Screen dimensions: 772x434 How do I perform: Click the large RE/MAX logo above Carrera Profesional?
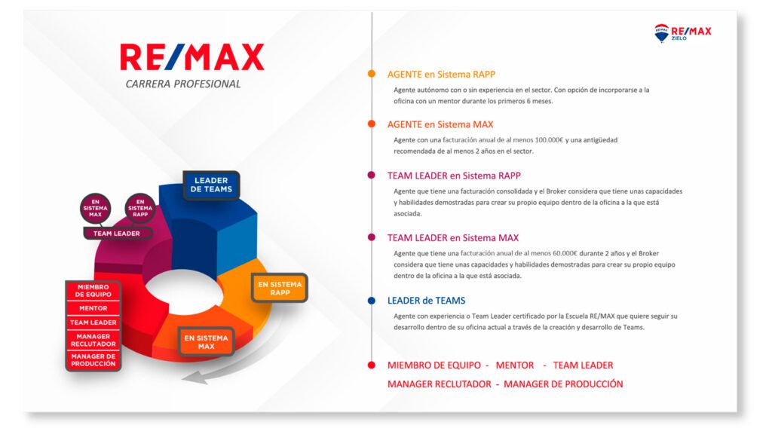click(x=192, y=57)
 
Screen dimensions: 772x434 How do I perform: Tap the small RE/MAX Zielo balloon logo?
click(x=661, y=33)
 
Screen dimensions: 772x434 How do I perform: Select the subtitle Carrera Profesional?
click(x=183, y=84)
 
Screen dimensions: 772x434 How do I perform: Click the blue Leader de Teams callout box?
click(x=211, y=185)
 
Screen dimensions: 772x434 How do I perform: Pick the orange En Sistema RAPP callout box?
click(x=280, y=289)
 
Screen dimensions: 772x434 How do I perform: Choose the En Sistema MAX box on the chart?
click(x=206, y=342)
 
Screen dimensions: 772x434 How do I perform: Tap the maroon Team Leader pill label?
click(x=117, y=234)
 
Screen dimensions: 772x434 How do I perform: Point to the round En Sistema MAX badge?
click(x=95, y=208)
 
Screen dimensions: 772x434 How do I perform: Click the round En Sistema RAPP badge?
click(x=140, y=208)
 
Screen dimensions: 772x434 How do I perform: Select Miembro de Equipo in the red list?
click(x=93, y=291)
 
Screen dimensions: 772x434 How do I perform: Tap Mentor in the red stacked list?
click(x=93, y=308)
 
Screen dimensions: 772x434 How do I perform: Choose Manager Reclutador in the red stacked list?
click(x=93, y=340)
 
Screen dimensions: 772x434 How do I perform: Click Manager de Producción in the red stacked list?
click(x=93, y=360)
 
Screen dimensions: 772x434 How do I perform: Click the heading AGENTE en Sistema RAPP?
click(x=441, y=75)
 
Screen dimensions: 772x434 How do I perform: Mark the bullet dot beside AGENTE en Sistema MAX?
click(x=372, y=124)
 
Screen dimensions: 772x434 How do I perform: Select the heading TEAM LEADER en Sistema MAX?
click(x=453, y=238)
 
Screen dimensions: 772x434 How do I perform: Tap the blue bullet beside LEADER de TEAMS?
click(x=372, y=301)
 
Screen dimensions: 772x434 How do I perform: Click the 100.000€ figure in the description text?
click(x=549, y=140)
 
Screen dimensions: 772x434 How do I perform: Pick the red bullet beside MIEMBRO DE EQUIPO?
click(x=372, y=365)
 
